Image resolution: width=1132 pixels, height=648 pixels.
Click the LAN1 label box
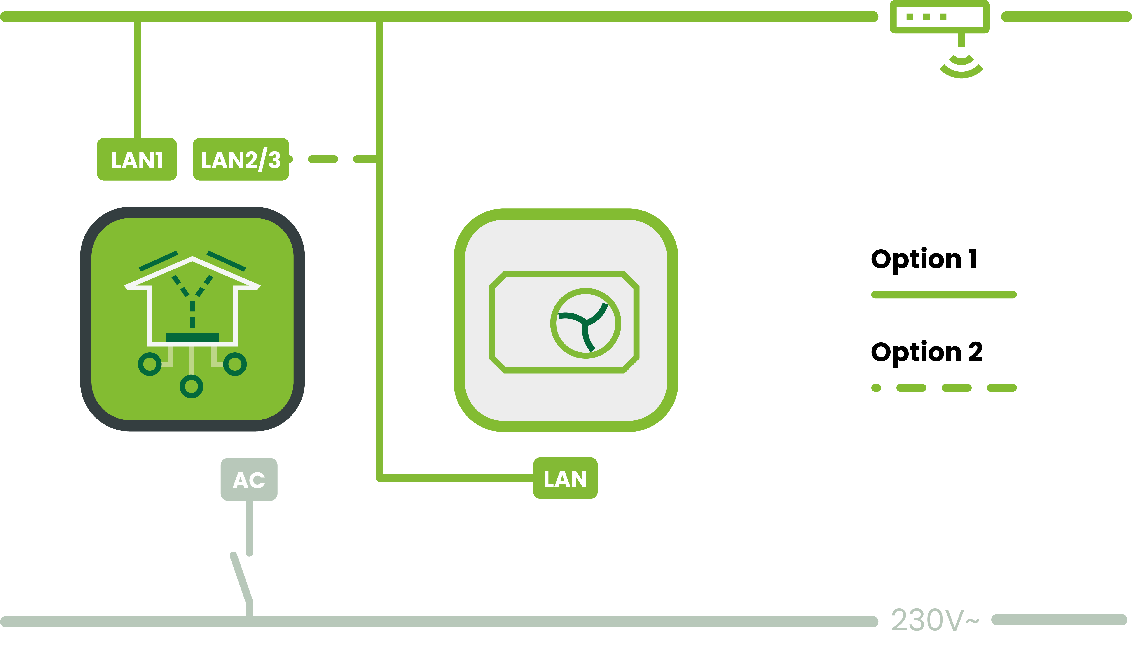coord(137,159)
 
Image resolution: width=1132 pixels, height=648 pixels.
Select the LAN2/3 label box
coord(241,159)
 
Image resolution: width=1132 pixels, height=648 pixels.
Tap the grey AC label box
coord(249,479)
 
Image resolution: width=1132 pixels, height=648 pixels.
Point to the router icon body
coord(939,17)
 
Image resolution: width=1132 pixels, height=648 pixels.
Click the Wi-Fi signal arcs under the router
coord(961,67)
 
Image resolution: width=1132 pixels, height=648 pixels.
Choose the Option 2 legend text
coord(926,352)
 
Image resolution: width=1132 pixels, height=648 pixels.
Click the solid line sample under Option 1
coord(943,295)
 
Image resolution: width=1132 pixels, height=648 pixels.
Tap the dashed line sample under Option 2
coord(943,388)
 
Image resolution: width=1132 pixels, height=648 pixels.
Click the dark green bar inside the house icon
coord(192,337)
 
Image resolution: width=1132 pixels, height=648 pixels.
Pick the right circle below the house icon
coord(235,364)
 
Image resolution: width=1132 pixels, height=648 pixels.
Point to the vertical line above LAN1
coord(138,80)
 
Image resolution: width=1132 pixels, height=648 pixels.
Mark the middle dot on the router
coord(926,17)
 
